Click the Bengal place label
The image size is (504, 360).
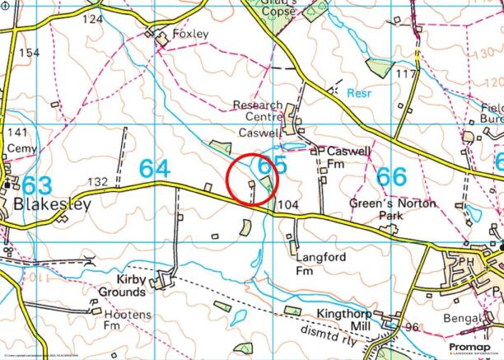click(461, 318)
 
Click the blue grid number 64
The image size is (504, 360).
click(154, 168)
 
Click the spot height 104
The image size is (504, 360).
click(287, 203)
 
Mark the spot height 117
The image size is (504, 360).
click(406, 75)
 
